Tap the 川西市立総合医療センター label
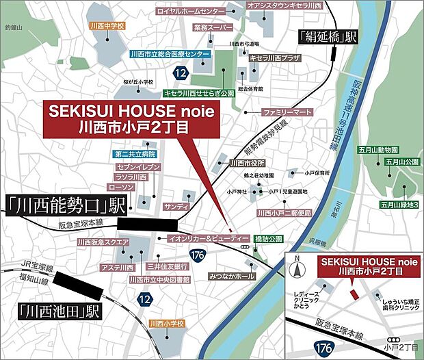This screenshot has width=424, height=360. click(x=170, y=53)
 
